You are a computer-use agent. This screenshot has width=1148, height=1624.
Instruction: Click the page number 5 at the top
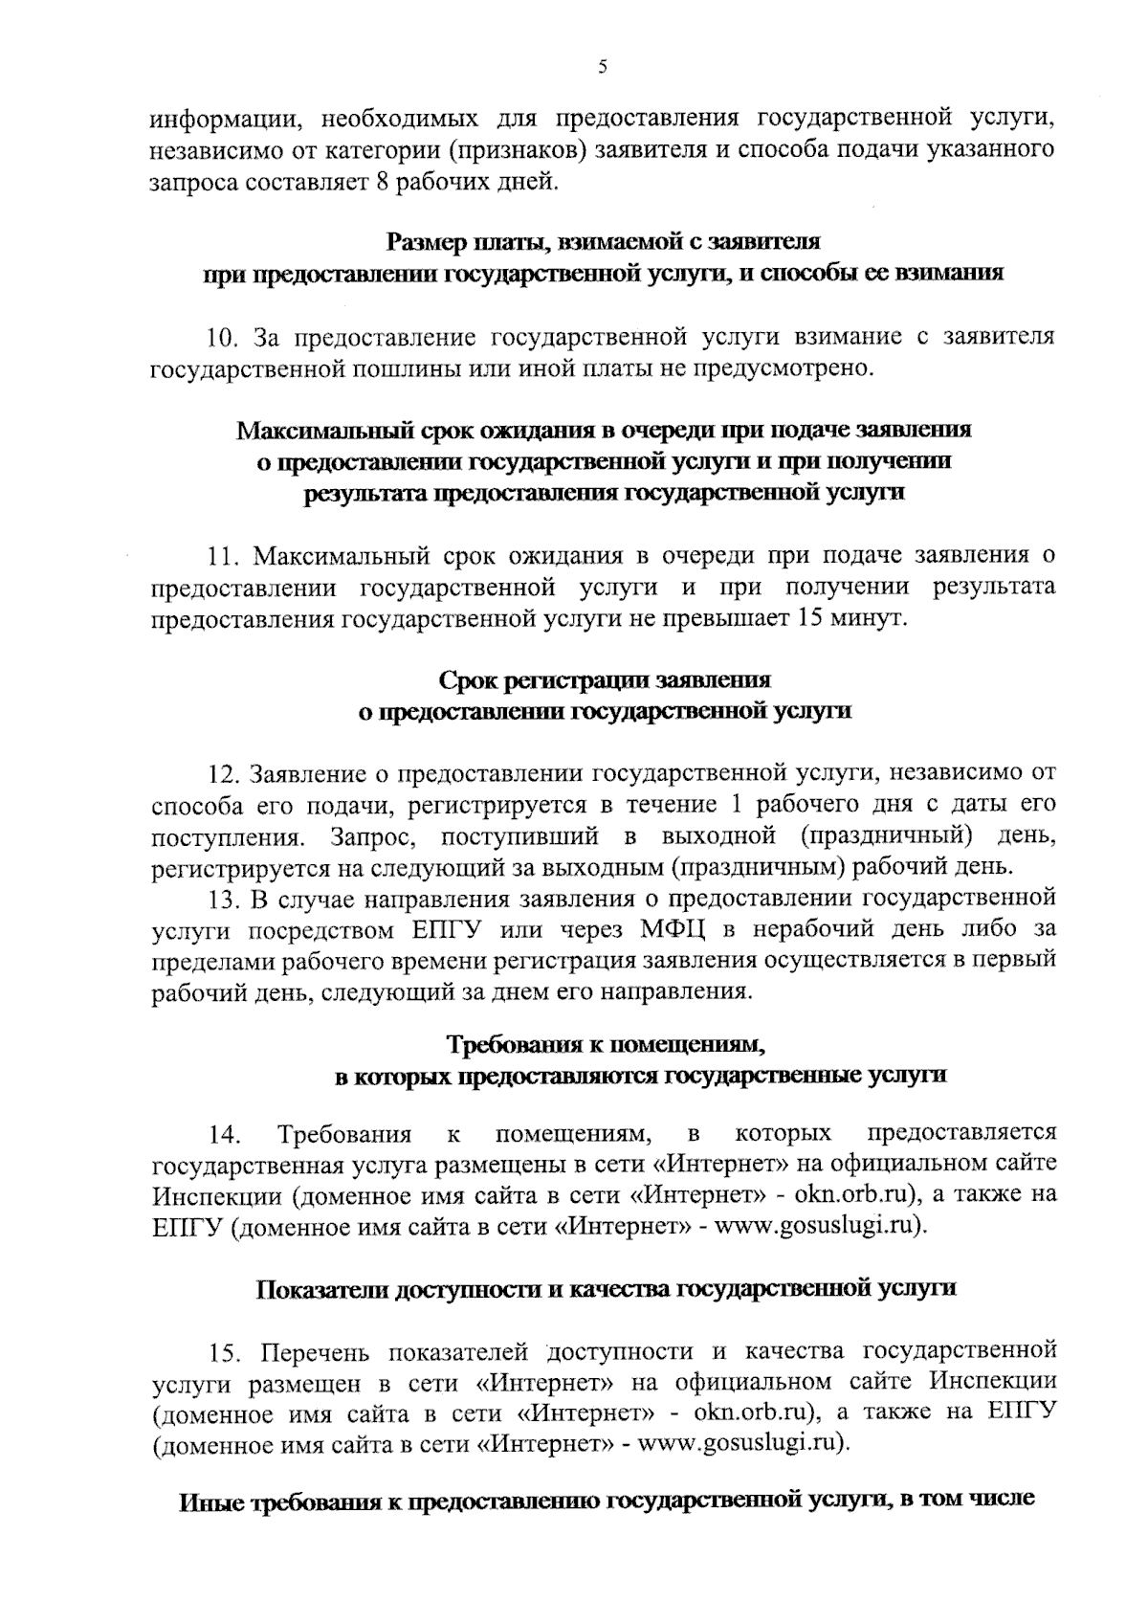coord(602,67)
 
